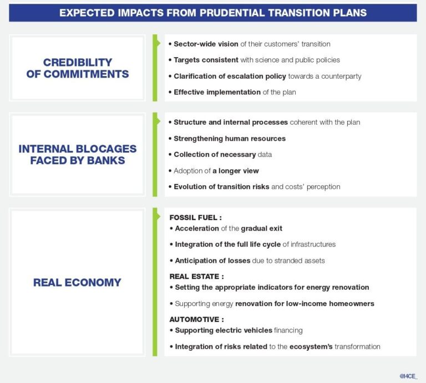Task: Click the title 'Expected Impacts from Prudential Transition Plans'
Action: pos(213,12)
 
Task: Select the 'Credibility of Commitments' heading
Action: pos(78,68)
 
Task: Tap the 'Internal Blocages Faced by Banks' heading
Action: pos(78,155)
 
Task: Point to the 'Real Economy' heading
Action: pos(77,282)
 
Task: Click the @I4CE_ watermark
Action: pos(409,376)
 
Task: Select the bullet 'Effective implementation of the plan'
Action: pos(235,92)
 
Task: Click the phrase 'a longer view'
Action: pos(235,171)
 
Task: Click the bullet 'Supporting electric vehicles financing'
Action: pos(239,330)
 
